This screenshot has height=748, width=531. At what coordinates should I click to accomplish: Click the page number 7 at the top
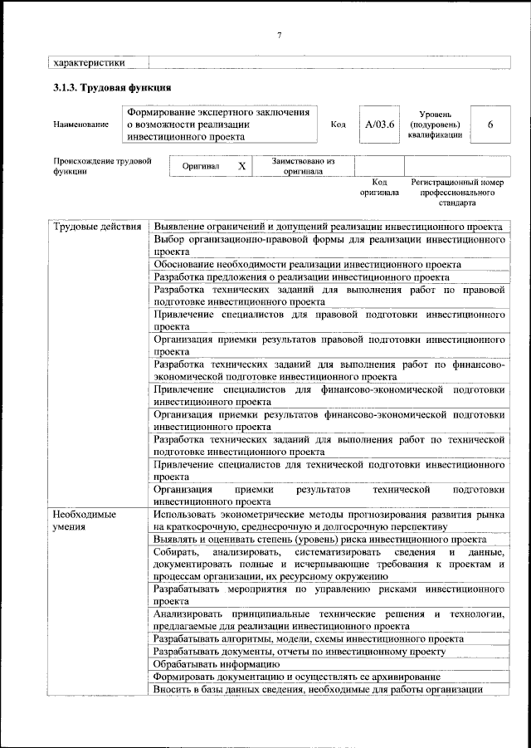[x=279, y=34]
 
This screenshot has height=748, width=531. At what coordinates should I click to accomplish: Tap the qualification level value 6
[x=490, y=125]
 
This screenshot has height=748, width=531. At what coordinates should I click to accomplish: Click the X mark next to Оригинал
[x=241, y=166]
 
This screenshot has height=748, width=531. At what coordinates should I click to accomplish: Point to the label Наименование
[x=80, y=125]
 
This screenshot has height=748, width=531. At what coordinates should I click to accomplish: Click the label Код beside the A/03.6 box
[x=338, y=125]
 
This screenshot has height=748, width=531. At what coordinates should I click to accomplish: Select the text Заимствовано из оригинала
[x=302, y=166]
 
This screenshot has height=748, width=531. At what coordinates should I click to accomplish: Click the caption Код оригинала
[x=379, y=187]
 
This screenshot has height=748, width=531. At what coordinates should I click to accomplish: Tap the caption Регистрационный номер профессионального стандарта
[x=457, y=192]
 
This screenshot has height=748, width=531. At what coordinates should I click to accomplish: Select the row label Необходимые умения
[x=84, y=521]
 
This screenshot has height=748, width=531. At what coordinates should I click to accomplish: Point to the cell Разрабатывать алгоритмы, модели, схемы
[x=309, y=638]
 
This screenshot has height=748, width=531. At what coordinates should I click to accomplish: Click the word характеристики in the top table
[x=89, y=61]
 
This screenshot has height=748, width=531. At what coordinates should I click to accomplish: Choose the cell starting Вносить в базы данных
[x=318, y=690]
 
